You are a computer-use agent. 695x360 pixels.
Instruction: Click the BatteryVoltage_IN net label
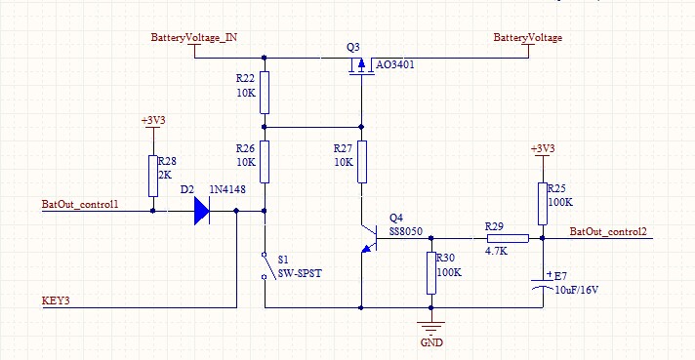pos(194,38)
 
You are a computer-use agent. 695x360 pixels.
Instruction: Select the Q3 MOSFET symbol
pos(361,66)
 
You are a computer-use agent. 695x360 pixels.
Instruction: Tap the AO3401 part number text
pos(395,64)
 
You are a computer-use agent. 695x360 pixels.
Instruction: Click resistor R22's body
pos(265,93)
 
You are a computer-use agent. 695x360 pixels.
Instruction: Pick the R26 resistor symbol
pos(265,162)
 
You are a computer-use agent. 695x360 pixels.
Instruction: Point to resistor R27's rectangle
pos(362,162)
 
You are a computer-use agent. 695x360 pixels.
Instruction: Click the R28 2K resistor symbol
pos(153,176)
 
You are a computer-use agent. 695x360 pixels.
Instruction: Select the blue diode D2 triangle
pos(202,211)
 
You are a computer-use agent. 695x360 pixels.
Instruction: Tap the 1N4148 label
pos(227,189)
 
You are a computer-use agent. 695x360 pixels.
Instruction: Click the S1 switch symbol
pos(267,265)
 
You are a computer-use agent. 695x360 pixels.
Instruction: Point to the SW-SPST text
pos(300,273)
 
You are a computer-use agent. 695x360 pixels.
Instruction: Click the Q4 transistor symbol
pos(369,239)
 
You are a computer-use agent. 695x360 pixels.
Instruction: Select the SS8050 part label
pos(405,231)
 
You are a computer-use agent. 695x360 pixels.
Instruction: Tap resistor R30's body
pos(431,273)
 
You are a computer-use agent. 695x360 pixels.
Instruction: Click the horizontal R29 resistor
pos(508,239)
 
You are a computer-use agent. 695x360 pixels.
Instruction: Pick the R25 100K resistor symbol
pos(543,204)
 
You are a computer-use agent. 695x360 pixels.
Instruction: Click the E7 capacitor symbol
pos(543,284)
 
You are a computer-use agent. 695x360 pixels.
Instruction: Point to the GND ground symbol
pos(430,328)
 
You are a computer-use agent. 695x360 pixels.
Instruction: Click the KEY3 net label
pos(56,300)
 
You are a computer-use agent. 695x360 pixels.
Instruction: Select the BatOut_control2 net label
pos(608,231)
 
